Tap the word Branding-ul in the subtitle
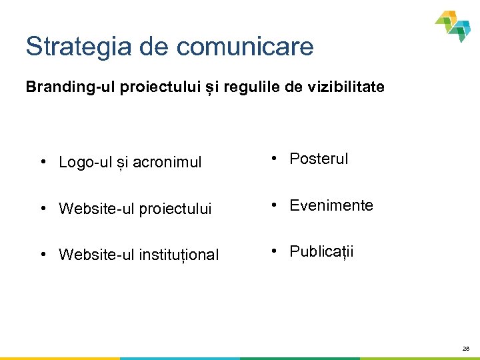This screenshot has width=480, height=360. pos(71,87)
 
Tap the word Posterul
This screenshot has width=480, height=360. pos(319,159)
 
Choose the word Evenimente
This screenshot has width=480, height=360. pos(331,205)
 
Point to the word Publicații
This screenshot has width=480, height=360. pos(321,251)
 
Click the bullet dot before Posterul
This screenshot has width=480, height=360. pos(274,159)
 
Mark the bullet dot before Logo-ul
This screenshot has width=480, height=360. pos(43,162)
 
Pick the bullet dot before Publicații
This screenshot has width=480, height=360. pos(274,251)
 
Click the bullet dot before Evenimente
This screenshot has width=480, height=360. pos(274,205)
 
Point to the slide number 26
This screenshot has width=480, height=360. pos(466,349)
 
